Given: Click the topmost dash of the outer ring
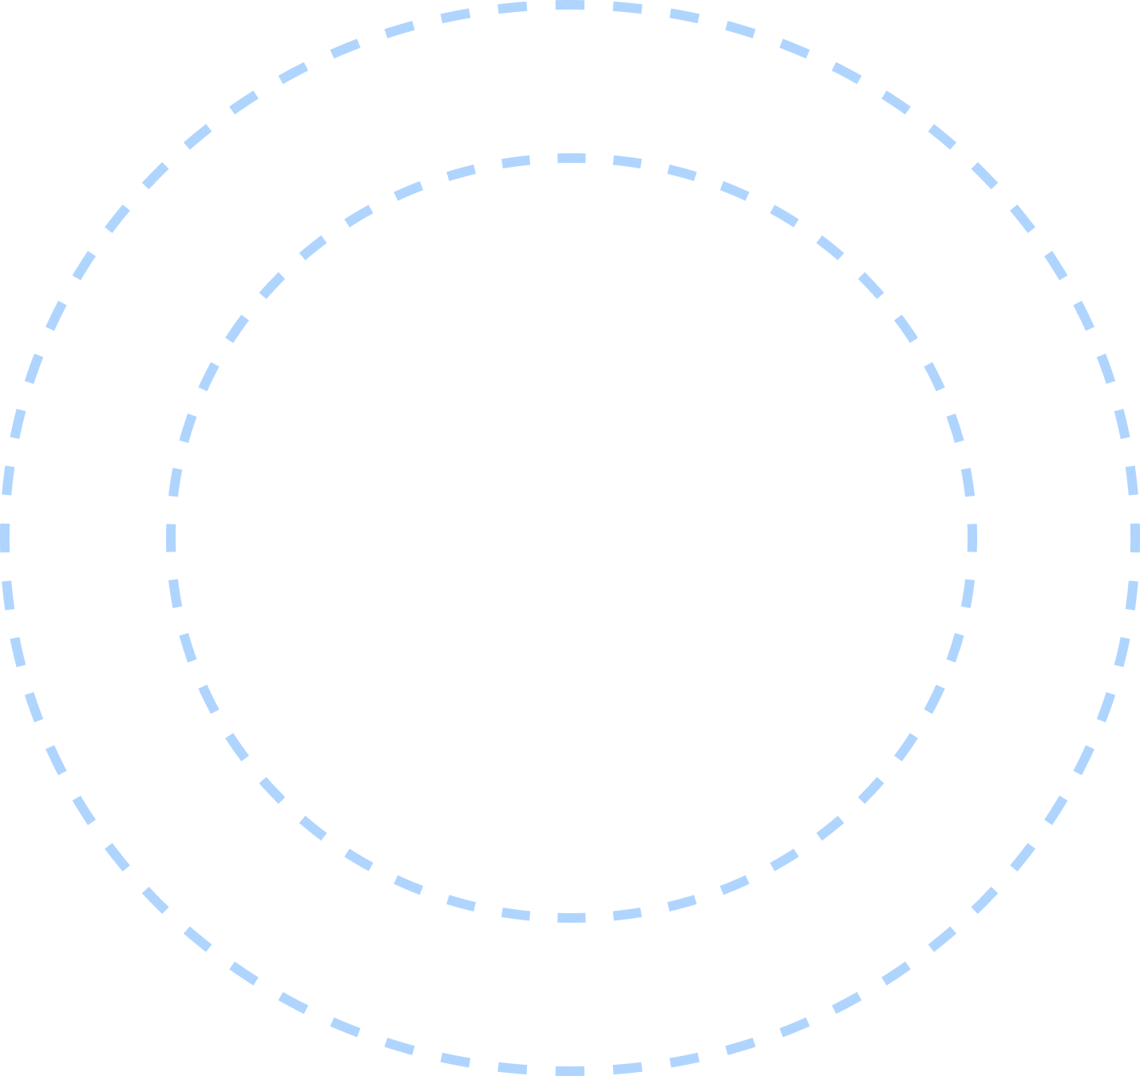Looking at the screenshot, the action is pyautogui.click(x=570, y=6).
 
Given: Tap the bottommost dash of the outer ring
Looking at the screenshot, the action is pyautogui.click(x=570, y=1070).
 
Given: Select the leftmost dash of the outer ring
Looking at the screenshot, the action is pyautogui.click(x=6, y=538).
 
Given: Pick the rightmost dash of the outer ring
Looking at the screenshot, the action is pyautogui.click(x=1134, y=538).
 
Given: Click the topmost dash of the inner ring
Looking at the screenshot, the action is pyautogui.click(x=571, y=159).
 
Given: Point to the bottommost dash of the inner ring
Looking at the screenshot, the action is pyautogui.click(x=571, y=917).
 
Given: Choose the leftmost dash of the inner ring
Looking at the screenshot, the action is pyautogui.click(x=172, y=538).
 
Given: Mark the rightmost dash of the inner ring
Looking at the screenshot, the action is pyautogui.click(x=972, y=538).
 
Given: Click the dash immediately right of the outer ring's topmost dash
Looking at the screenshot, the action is pyautogui.click(x=627, y=8).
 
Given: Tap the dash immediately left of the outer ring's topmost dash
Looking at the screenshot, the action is pyautogui.click(x=513, y=8).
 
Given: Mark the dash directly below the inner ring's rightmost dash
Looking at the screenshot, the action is pyautogui.click(x=968, y=593).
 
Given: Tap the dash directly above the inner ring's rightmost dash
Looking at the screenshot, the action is pyautogui.click(x=968, y=483).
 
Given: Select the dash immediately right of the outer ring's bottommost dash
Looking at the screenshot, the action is pyautogui.click(x=627, y=1068).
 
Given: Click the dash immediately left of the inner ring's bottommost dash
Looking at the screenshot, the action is pyautogui.click(x=516, y=914).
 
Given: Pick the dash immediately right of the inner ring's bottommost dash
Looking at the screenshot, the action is pyautogui.click(x=627, y=914).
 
